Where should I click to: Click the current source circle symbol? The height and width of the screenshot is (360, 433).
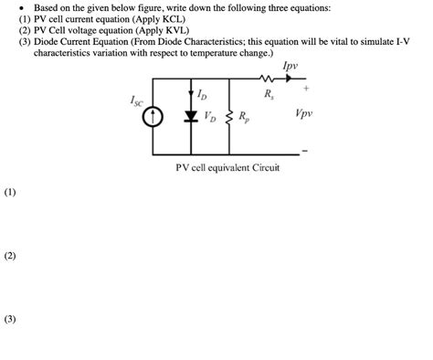tap(153, 117)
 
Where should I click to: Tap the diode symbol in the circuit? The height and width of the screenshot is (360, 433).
tap(191, 116)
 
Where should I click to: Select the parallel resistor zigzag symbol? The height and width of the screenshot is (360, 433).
tap(227, 117)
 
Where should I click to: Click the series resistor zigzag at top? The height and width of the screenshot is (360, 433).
tap(267, 79)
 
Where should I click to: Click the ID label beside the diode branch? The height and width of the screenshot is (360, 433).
tap(202, 94)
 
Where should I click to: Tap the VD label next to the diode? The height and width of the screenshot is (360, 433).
tap(209, 116)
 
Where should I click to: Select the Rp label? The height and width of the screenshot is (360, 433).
tap(242, 117)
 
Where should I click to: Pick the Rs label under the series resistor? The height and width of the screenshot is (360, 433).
tap(268, 94)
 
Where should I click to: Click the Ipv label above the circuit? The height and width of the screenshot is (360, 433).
tap(290, 66)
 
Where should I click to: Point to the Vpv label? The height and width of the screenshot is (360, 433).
tap(303, 114)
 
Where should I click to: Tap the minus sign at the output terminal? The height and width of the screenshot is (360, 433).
tap(304, 149)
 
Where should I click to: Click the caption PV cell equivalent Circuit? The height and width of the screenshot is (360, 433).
tap(227, 168)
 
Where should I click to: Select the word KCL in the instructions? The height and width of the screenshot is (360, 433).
tap(174, 18)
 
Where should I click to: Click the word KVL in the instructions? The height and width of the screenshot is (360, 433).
tap(173, 30)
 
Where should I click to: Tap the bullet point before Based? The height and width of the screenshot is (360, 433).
tap(22, 7)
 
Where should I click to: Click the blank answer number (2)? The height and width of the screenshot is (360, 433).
tap(10, 256)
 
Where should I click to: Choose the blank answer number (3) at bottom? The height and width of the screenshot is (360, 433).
tap(10, 320)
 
